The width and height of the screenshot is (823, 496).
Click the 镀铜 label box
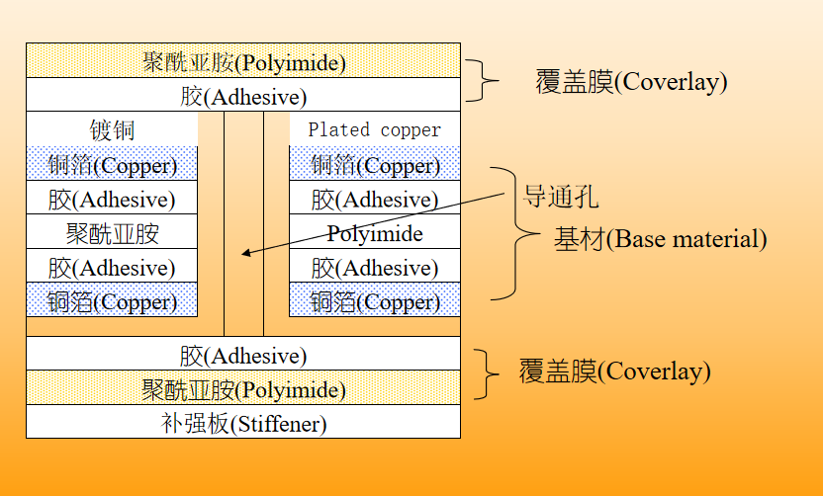pyautogui.click(x=112, y=129)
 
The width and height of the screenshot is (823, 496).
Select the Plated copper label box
pyautogui.click(x=374, y=129)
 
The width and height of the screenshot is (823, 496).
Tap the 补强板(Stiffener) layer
pyautogui.click(x=243, y=423)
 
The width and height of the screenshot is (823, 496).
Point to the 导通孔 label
pyautogui.click(x=560, y=196)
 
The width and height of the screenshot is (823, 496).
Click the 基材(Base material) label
pyautogui.click(x=660, y=239)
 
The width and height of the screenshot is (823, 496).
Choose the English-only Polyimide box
pyautogui.click(x=374, y=233)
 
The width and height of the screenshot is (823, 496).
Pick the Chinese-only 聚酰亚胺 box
pyautogui.click(x=112, y=233)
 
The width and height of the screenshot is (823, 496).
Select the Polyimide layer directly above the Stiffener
pyautogui.click(x=243, y=389)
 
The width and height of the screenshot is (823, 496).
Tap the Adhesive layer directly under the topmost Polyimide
pyautogui.click(x=243, y=96)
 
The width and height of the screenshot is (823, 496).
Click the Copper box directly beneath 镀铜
pyautogui.click(x=112, y=164)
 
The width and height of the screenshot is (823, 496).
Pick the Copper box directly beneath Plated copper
pyautogui.click(x=374, y=164)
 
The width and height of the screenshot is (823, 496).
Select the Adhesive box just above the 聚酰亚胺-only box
pyautogui.click(x=112, y=199)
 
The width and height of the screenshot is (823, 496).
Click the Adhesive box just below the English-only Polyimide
pyautogui.click(x=374, y=267)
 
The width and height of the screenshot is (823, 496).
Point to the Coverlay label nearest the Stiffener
pyautogui.click(x=614, y=372)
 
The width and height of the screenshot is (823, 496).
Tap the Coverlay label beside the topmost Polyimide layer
pyautogui.click(x=631, y=81)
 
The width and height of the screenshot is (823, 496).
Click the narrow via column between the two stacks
pyautogui.click(x=243, y=223)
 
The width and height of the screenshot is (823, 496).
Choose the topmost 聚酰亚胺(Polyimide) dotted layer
pyautogui.click(x=243, y=62)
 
